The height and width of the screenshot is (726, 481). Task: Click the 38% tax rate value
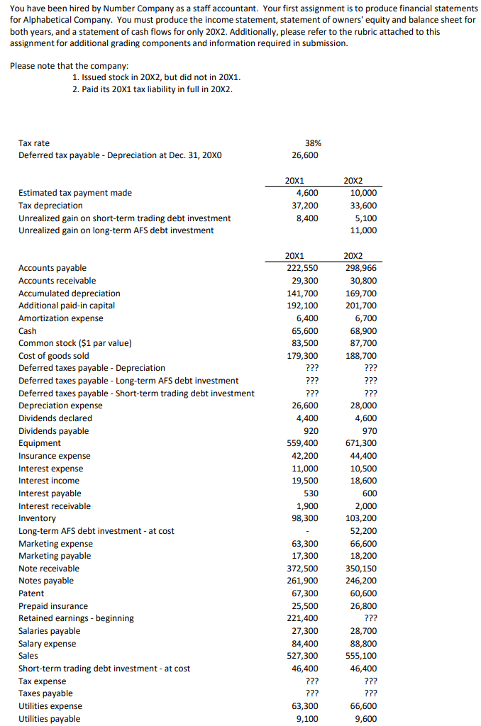pos(310,143)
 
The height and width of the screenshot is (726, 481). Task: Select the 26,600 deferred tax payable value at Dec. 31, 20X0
pos(305,155)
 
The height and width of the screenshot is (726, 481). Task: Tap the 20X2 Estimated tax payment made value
pos(365,192)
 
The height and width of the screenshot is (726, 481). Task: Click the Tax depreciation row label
pos(50,206)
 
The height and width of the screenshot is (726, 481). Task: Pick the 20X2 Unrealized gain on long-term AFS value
pos(365,230)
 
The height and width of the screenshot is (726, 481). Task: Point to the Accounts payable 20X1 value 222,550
pos(302,268)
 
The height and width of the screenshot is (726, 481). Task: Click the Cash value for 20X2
pos(365,331)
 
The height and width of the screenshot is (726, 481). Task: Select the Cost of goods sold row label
pos(54,356)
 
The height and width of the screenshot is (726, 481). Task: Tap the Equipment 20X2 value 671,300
pos(362,443)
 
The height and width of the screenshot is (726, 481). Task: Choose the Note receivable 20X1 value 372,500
pos(302,569)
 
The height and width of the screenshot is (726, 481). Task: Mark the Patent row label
pos(31,593)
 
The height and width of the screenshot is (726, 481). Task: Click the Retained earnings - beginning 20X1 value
pos(302,618)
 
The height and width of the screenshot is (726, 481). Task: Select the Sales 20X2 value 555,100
pos(362,656)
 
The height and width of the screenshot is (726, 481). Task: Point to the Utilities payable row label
pos(50,719)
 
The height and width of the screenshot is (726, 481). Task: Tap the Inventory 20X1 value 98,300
pos(304,518)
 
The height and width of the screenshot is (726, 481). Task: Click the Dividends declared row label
pos(55,418)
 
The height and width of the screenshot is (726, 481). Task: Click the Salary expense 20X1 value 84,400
pos(304,644)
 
